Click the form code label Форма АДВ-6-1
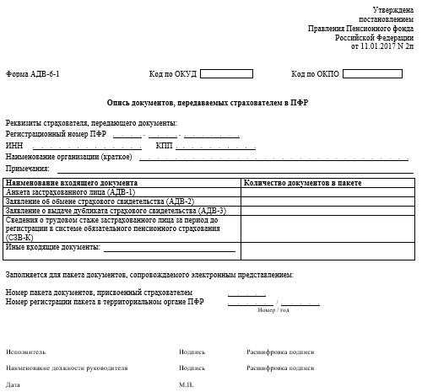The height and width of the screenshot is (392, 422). [33, 74]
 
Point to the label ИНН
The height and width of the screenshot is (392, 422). [14, 145]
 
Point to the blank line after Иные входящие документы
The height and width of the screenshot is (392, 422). [169, 248]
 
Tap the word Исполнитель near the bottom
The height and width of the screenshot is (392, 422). [26, 352]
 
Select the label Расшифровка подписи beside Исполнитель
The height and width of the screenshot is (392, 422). [273, 352]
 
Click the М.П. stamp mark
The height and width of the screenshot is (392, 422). [187, 385]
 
